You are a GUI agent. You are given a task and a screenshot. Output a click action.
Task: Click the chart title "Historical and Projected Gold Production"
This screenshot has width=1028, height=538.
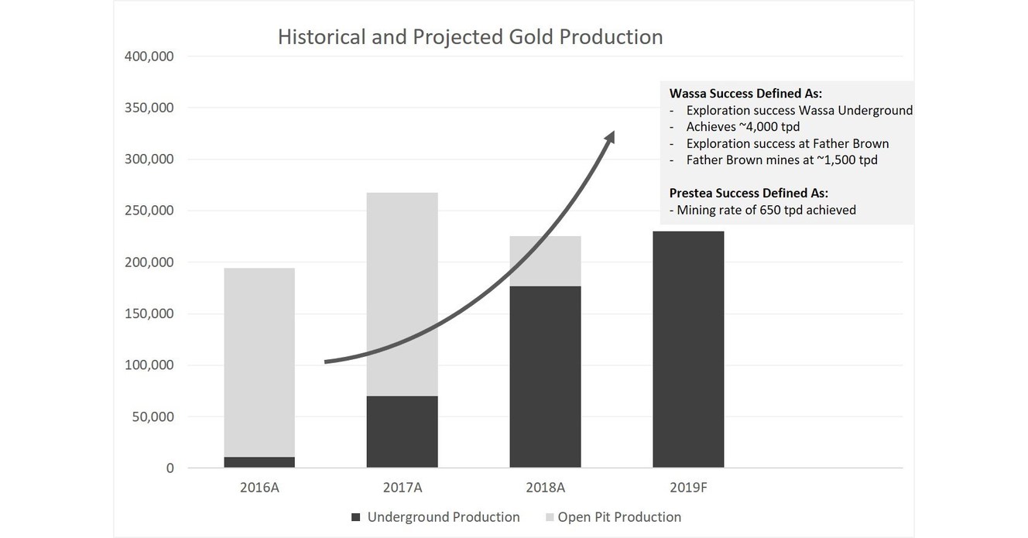pos(470,37)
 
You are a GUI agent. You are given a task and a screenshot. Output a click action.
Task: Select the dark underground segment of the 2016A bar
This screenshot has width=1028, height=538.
pos(259,462)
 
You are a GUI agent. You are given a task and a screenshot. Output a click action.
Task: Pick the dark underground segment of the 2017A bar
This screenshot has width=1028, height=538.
pos(402,432)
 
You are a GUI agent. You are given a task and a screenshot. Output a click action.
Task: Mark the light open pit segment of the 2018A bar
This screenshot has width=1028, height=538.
pos(545,261)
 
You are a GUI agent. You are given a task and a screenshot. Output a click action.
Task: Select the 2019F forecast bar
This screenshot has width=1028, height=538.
pos(688,349)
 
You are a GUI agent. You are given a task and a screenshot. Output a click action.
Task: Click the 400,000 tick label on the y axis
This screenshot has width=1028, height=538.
pos(148,57)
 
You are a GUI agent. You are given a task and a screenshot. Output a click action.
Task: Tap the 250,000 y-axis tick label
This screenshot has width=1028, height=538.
pos(148,211)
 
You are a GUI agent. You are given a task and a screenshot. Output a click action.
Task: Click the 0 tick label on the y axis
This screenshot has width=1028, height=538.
pos(170,468)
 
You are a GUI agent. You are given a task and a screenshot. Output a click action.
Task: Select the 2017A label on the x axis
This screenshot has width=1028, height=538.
pos(402,488)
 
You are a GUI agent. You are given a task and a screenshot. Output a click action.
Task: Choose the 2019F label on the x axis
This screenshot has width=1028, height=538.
pos(688,488)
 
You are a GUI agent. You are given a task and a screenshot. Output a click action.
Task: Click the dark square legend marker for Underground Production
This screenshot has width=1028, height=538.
pos(356,517)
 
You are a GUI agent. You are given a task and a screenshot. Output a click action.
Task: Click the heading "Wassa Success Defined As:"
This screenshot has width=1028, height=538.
pos(745,94)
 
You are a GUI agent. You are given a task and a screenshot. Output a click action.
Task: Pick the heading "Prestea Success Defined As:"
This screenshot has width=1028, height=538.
pos(749,193)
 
